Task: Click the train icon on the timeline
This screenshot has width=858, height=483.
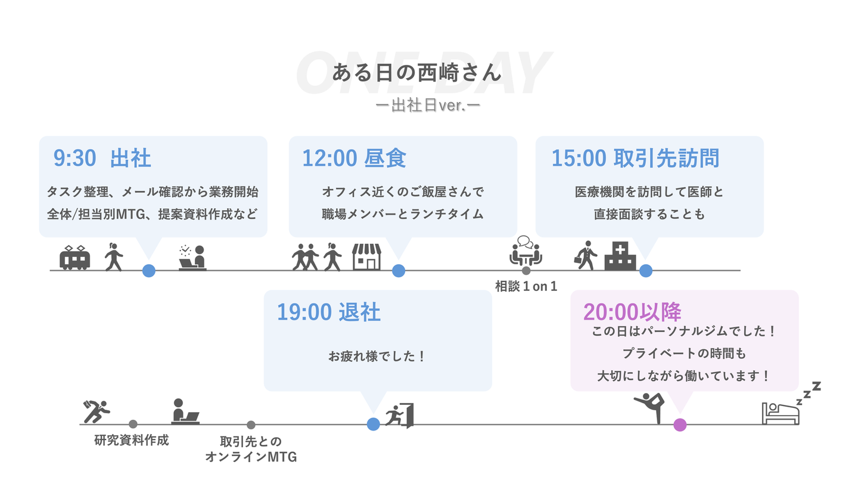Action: coord(74,258)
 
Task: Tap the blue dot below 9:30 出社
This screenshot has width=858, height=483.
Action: coord(149,271)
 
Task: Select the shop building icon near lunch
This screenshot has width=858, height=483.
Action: coord(366,256)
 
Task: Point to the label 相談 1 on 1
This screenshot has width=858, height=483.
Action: coord(526,287)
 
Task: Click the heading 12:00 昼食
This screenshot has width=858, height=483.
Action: coord(354,159)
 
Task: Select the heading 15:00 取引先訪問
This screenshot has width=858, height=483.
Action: coord(635,159)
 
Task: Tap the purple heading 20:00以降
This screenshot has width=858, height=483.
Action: coord(632,312)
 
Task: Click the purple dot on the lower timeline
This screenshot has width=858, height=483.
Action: coord(680,425)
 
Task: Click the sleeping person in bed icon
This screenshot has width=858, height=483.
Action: coord(781,411)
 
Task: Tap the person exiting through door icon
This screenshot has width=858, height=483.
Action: coord(400,416)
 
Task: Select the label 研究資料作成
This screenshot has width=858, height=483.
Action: coord(132,441)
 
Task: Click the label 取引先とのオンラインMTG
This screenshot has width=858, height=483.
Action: coord(251,450)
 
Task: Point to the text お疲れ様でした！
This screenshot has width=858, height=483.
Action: coord(377,357)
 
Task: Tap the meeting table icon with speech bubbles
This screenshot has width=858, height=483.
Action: coord(526,252)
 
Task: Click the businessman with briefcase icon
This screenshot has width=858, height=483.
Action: coord(586,256)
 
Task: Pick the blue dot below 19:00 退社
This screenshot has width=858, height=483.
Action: coord(374,425)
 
